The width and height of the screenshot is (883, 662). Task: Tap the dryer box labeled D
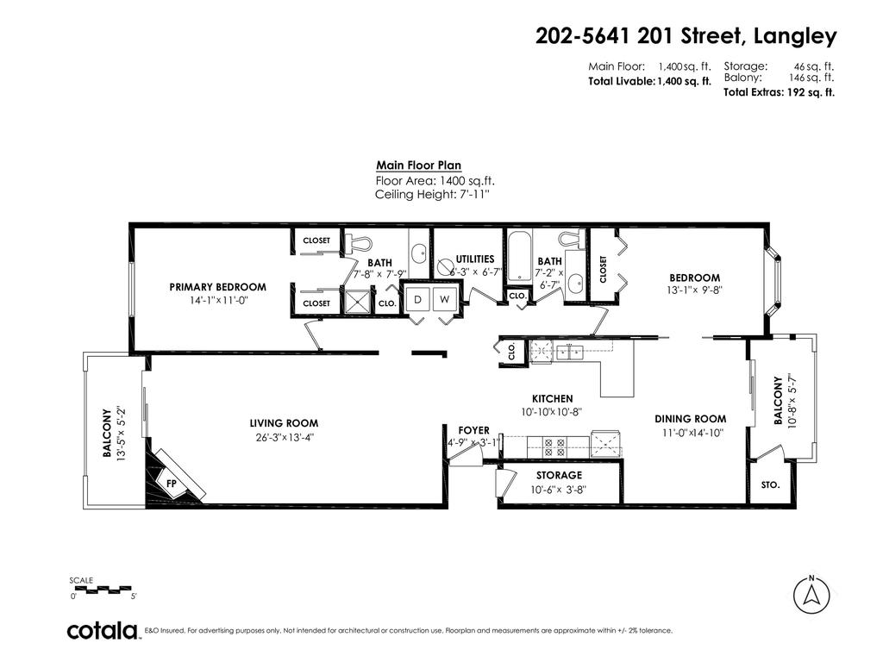pyautogui.click(x=417, y=300)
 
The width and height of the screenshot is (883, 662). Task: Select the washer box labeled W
pyautogui.click(x=445, y=300)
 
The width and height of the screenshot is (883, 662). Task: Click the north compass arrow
pyautogui.click(x=811, y=594)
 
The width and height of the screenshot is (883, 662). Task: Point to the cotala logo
pyautogui.click(x=103, y=630)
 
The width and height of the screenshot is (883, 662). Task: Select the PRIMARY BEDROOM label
pyautogui.click(x=217, y=287)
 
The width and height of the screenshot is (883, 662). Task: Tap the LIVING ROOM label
pyautogui.click(x=284, y=423)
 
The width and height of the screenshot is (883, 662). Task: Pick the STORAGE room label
pyautogui.click(x=559, y=475)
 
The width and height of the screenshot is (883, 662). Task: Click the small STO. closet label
pyautogui.click(x=770, y=485)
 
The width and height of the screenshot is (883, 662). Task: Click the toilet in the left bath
pyautogui.click(x=358, y=242)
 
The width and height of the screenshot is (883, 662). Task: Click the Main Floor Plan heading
pyautogui.click(x=418, y=165)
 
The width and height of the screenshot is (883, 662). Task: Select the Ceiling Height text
pyautogui.click(x=432, y=195)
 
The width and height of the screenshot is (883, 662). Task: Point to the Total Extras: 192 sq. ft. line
pyautogui.click(x=779, y=93)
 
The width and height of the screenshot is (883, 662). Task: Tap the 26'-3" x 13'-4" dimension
pyautogui.click(x=284, y=437)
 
